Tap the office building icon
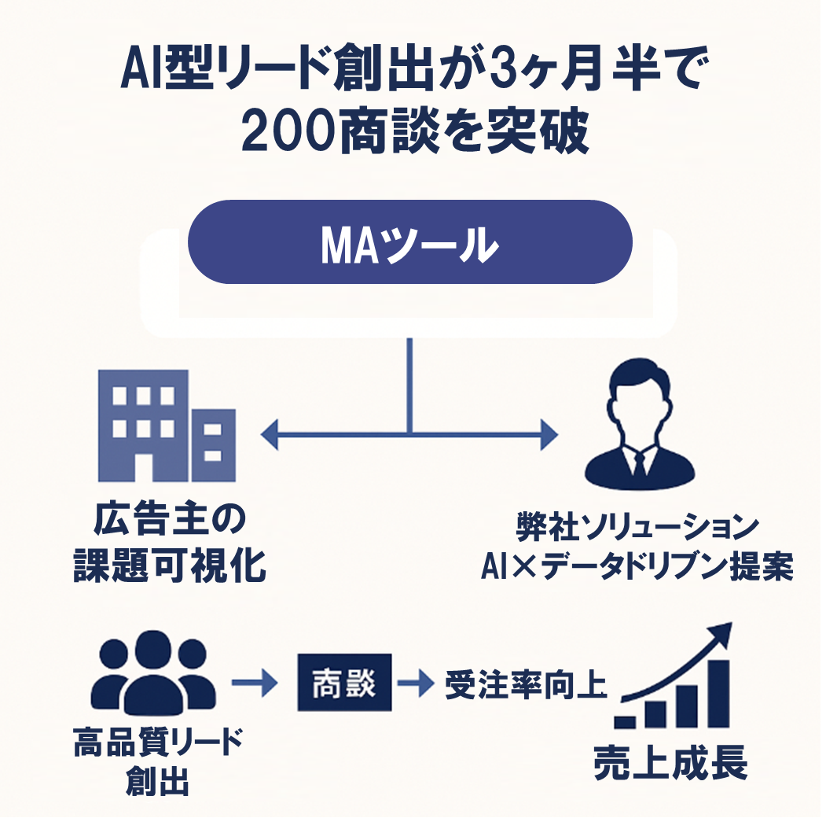click(x=166, y=426)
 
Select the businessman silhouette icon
click(x=639, y=427)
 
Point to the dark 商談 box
click(x=344, y=683)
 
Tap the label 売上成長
click(x=670, y=761)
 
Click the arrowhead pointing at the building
click(x=270, y=433)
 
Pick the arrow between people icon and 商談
click(x=255, y=684)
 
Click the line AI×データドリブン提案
click(x=637, y=567)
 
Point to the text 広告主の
click(x=170, y=521)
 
